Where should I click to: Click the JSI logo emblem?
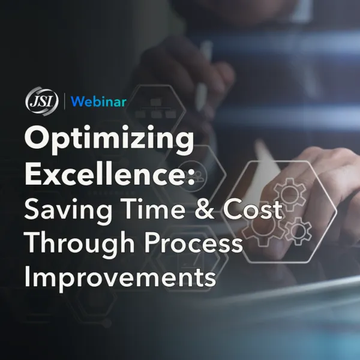[42, 101]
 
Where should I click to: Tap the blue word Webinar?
[98, 101]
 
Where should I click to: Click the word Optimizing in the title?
[109, 139]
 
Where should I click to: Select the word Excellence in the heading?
[105, 173]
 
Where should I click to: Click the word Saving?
[68, 210]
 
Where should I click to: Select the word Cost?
[253, 208]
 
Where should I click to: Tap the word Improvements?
[120, 278]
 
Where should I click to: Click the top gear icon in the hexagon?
[290, 194]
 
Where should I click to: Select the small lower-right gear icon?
[298, 230]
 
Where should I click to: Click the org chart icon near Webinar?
[155, 108]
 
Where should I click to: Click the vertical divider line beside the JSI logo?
[64, 101]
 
